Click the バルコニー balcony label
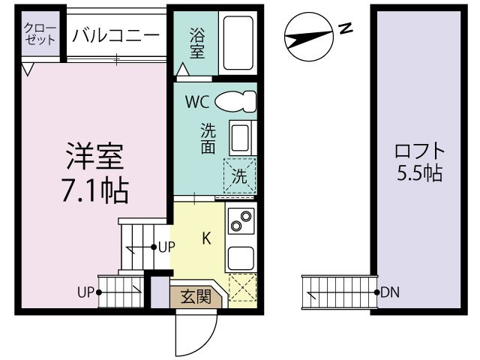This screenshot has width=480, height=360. click(x=116, y=35)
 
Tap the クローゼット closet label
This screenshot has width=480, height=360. click(x=40, y=34)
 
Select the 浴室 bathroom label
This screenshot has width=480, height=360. click(x=196, y=43)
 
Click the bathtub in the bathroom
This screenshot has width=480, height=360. click(x=238, y=43)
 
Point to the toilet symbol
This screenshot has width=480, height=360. click(x=235, y=101)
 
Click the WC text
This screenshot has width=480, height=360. click(x=197, y=102)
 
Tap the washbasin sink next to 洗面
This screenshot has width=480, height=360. click(x=241, y=138)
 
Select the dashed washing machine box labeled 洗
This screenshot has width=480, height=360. click(x=240, y=175)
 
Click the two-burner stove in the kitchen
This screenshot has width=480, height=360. click(x=241, y=221)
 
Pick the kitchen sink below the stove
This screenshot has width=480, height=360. click(x=241, y=257)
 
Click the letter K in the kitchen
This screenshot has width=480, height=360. click(x=207, y=238)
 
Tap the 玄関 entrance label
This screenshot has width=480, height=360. click(x=196, y=296)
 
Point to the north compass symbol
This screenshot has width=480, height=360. click(x=308, y=37)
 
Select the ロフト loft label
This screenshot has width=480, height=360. click(x=419, y=151)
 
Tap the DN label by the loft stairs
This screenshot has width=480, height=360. click(x=390, y=292)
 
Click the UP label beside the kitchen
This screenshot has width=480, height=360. click(x=166, y=247)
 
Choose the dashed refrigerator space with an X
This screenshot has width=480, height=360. click(x=243, y=287)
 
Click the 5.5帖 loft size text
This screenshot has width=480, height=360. click(x=419, y=173)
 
